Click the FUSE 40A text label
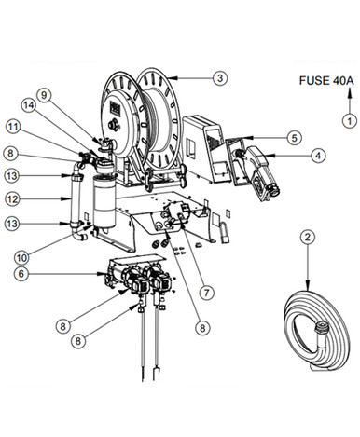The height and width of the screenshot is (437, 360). [x=326, y=81]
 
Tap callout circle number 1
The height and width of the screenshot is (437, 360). [x=350, y=121]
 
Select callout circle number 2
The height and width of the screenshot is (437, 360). [x=308, y=238]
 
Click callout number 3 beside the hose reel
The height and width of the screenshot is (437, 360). [x=220, y=77]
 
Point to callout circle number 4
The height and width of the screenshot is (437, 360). [x=318, y=156]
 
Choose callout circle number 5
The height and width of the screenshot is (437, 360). [x=294, y=138]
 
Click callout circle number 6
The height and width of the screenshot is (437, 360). [x=21, y=274]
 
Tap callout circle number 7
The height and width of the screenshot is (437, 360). [x=207, y=293]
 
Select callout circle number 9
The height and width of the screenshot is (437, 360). [x=44, y=95]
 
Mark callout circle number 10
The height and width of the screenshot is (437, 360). [x=22, y=257]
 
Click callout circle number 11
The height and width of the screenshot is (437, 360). [x=14, y=127]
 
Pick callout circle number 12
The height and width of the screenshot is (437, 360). [x=13, y=199]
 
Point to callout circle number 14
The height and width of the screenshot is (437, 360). [x=28, y=105]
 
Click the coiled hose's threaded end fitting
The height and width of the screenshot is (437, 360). [x=321, y=328]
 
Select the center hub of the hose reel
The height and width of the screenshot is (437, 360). [x=114, y=125]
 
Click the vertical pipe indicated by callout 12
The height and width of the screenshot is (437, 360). [x=76, y=198]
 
